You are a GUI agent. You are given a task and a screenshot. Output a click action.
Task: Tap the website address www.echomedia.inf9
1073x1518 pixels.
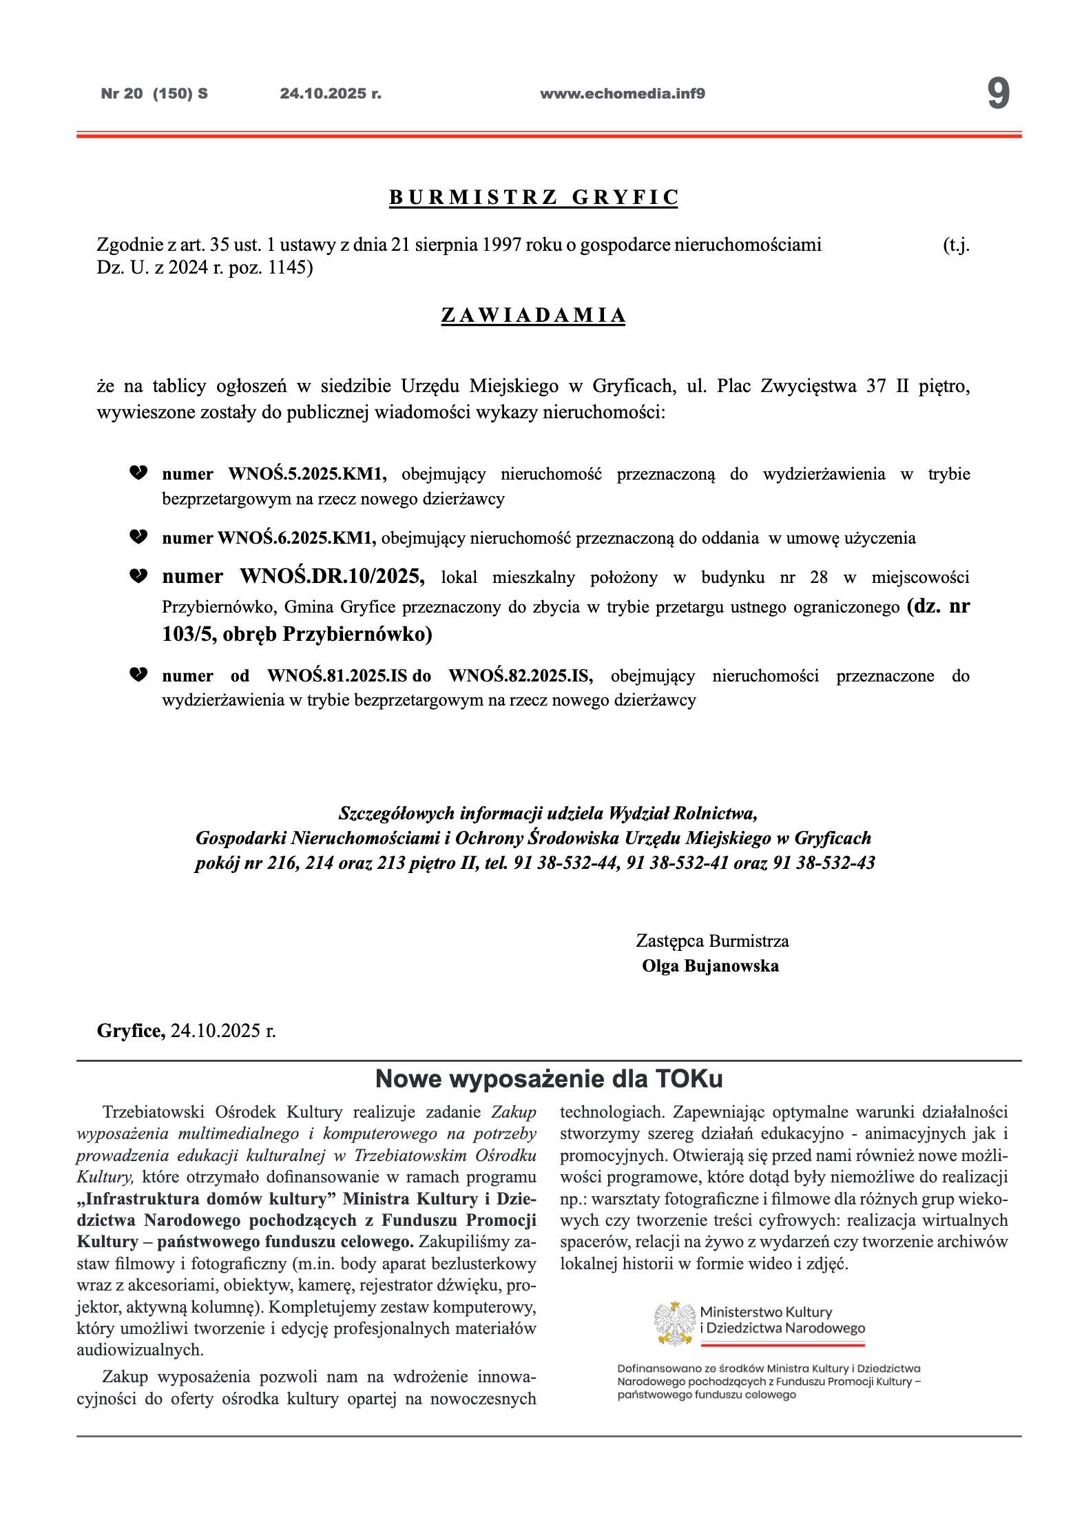click(x=622, y=94)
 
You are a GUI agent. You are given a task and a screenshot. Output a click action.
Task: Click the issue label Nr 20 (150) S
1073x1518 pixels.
click(x=154, y=94)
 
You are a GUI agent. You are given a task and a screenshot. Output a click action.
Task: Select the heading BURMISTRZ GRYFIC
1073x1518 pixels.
click(x=534, y=198)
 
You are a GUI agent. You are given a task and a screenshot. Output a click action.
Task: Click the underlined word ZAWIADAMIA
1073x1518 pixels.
click(x=533, y=316)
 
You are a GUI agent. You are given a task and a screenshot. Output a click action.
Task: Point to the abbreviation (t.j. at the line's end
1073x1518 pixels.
click(x=955, y=245)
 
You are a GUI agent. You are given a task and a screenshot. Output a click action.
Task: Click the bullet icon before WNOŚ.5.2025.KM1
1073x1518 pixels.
click(x=138, y=473)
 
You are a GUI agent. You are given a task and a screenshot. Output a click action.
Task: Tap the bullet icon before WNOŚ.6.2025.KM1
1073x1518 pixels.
click(x=138, y=537)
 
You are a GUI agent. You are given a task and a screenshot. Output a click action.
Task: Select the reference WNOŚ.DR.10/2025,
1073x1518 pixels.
click(x=333, y=576)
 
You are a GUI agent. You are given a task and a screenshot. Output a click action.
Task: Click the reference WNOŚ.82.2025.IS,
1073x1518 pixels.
click(x=521, y=676)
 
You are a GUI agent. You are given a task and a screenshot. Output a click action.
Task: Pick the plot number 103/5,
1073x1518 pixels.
click(x=189, y=634)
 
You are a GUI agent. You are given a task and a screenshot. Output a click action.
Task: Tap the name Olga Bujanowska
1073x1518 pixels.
click(x=710, y=966)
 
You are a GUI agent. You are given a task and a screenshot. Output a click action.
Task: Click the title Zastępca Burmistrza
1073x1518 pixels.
click(x=712, y=941)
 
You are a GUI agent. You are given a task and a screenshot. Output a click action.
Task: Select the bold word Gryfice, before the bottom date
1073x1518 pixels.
click(x=131, y=1031)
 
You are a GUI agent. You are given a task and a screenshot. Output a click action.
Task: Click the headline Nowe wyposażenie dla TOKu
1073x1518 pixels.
click(x=548, y=1079)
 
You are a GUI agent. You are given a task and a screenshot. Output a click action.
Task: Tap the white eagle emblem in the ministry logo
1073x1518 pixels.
click(x=674, y=1322)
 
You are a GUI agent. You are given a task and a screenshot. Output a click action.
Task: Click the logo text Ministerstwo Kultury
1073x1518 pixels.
click(x=766, y=1312)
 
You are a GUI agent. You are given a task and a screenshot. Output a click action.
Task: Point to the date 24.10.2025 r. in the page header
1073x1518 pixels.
click(x=330, y=94)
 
